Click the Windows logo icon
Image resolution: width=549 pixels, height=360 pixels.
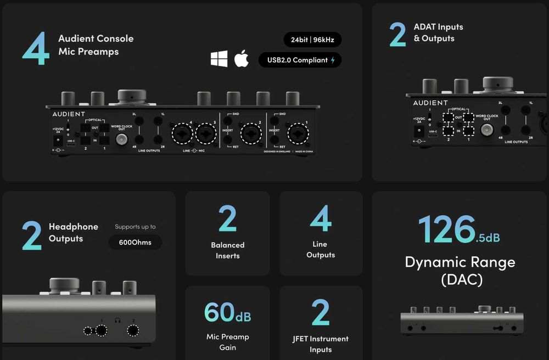coord(219,59)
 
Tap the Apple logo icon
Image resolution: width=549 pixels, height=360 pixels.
coord(242,59)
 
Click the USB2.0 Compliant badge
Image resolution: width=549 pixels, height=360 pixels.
coord(300,60)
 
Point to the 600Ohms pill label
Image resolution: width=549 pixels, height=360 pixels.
coord(135,242)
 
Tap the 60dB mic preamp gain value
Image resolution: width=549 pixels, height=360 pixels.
coord(227,313)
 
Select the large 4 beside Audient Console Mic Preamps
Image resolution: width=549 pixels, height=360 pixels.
coord(36,48)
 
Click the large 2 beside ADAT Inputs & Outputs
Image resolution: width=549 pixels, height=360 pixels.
coord(397,35)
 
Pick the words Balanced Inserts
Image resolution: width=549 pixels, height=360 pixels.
coord(228,250)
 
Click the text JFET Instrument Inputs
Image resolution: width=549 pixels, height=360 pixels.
coord(321,344)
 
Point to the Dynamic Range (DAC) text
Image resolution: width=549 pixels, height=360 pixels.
coord(460,271)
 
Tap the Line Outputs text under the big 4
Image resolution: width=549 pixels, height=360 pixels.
coord(321,250)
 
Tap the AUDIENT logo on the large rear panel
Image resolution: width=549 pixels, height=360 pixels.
coord(69,114)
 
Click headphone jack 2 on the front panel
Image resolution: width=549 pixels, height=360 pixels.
coord(133,330)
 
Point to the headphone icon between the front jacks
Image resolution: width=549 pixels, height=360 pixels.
coord(117,320)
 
